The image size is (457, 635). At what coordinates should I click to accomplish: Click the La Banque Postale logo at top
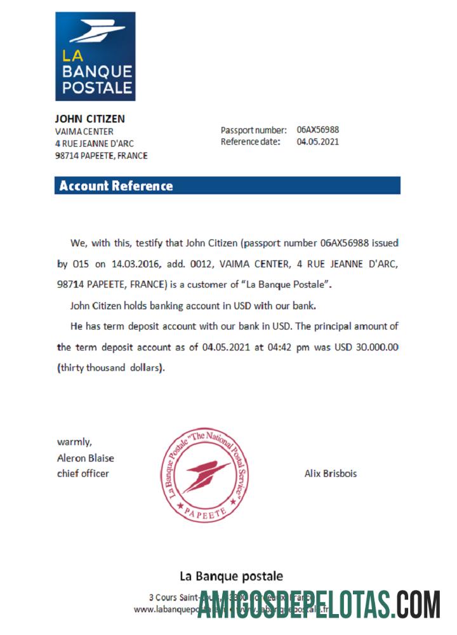pyautogui.click(x=95, y=56)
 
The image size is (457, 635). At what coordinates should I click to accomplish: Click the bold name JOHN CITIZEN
pyautogui.click(x=89, y=119)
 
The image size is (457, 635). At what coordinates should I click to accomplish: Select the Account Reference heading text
pyautogui.click(x=116, y=186)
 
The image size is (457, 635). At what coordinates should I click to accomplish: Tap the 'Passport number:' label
pyautogui.click(x=253, y=130)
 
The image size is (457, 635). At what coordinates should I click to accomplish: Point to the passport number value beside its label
pyautogui.click(x=317, y=130)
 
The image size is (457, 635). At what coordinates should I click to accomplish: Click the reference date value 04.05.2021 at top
pyautogui.click(x=317, y=142)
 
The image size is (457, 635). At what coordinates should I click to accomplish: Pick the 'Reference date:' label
pyautogui.click(x=250, y=142)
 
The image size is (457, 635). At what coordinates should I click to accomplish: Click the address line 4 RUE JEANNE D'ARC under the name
pyautogui.click(x=95, y=144)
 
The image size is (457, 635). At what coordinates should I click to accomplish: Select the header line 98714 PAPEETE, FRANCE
pyautogui.click(x=102, y=156)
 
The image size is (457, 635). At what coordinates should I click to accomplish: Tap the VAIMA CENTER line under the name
pyautogui.click(x=84, y=131)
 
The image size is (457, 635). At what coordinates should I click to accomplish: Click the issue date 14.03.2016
pyautogui.click(x=134, y=263)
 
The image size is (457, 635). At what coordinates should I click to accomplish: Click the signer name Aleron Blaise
pyautogui.click(x=86, y=458)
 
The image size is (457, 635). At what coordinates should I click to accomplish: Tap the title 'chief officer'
pyautogui.click(x=83, y=473)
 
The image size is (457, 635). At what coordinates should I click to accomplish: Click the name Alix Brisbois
pyautogui.click(x=331, y=474)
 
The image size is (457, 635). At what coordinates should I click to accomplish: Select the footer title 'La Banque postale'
pyautogui.click(x=232, y=577)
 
